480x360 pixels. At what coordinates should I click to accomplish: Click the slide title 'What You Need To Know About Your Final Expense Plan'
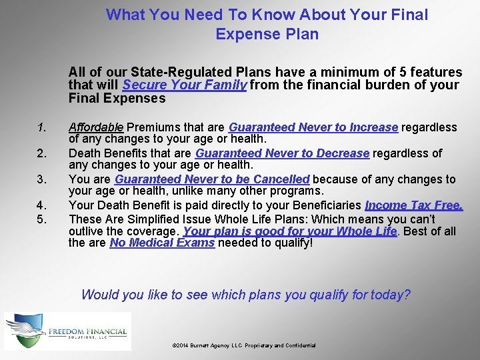click(267, 24)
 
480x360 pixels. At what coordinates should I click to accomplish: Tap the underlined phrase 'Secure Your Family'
click(185, 85)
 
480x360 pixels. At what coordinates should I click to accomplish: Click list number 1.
click(41, 127)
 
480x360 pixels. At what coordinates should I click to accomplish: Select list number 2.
click(41, 154)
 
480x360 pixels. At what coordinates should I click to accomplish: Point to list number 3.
click(41, 179)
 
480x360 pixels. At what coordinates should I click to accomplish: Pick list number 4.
click(41, 205)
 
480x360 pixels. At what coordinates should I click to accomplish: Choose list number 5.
click(41, 219)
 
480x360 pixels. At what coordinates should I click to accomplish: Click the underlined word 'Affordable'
click(96, 127)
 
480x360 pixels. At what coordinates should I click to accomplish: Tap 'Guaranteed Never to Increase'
click(313, 127)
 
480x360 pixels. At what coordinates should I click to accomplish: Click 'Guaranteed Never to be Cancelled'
click(212, 179)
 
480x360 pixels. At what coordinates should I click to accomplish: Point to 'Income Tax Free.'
click(413, 205)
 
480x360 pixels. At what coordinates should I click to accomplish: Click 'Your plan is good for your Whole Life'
click(290, 231)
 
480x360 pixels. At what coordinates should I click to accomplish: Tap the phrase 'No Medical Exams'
click(162, 243)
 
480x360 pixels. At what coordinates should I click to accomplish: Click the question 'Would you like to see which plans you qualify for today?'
click(246, 295)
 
